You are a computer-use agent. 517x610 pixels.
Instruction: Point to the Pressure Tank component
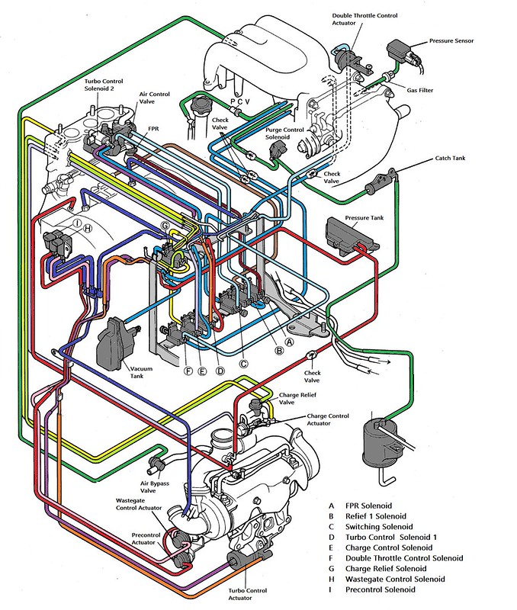pos(349,232)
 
